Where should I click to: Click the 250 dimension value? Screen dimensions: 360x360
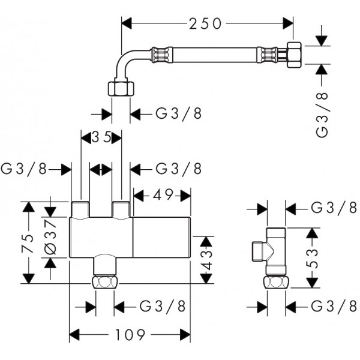click(x=205, y=23)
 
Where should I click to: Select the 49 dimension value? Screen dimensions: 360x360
click(x=163, y=195)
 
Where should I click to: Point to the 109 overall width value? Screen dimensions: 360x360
click(x=130, y=335)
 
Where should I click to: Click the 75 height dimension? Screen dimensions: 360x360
click(x=28, y=243)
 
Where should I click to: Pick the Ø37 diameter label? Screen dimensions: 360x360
click(x=50, y=238)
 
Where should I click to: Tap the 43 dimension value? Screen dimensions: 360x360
click(x=206, y=260)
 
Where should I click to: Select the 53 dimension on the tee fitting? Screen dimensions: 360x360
click(x=312, y=259)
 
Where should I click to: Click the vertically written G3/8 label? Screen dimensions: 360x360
click(x=322, y=115)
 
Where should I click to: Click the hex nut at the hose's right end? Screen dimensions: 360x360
click(x=294, y=55)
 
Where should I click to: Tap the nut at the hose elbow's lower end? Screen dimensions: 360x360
click(x=121, y=89)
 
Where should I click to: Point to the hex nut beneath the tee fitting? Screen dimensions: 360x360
click(x=277, y=283)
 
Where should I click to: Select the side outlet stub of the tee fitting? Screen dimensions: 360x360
click(x=259, y=251)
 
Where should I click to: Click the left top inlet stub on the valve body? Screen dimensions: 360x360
click(x=80, y=209)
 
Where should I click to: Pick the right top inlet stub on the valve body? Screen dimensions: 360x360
click(x=121, y=209)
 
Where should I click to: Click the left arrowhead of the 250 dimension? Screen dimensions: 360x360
click(x=127, y=23)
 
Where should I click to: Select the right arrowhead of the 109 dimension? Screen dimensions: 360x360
click(x=185, y=335)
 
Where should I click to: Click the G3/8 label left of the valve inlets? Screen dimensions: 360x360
click(x=24, y=169)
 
